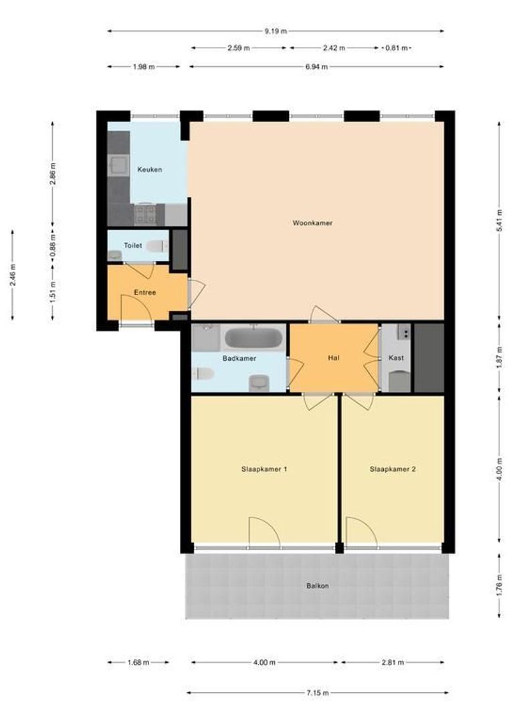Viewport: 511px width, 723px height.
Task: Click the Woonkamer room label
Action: [x=312, y=223]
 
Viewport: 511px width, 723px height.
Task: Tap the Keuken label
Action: [x=150, y=169]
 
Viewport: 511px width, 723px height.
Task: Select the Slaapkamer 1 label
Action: [x=264, y=469]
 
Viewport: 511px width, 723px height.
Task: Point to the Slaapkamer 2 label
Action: [x=393, y=469]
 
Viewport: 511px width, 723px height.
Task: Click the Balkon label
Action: [x=318, y=586]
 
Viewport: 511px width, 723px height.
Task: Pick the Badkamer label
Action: [x=239, y=357]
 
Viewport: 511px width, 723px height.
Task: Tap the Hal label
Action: [x=334, y=357]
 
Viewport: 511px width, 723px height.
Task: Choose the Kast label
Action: [x=396, y=357]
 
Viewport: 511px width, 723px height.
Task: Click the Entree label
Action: [x=144, y=293]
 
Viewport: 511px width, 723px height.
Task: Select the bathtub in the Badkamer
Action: [x=253, y=339]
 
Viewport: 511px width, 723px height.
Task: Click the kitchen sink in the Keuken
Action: [x=118, y=165]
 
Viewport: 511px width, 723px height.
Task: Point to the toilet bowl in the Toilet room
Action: [x=158, y=246]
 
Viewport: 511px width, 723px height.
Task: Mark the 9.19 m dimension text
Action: [x=276, y=31]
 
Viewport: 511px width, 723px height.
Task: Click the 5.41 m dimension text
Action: [x=500, y=221]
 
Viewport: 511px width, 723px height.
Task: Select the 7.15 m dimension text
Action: [x=318, y=693]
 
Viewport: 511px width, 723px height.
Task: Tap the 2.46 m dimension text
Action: [x=13, y=274]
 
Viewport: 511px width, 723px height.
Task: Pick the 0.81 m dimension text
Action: [x=397, y=48]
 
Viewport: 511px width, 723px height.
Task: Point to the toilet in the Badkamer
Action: [x=203, y=373]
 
